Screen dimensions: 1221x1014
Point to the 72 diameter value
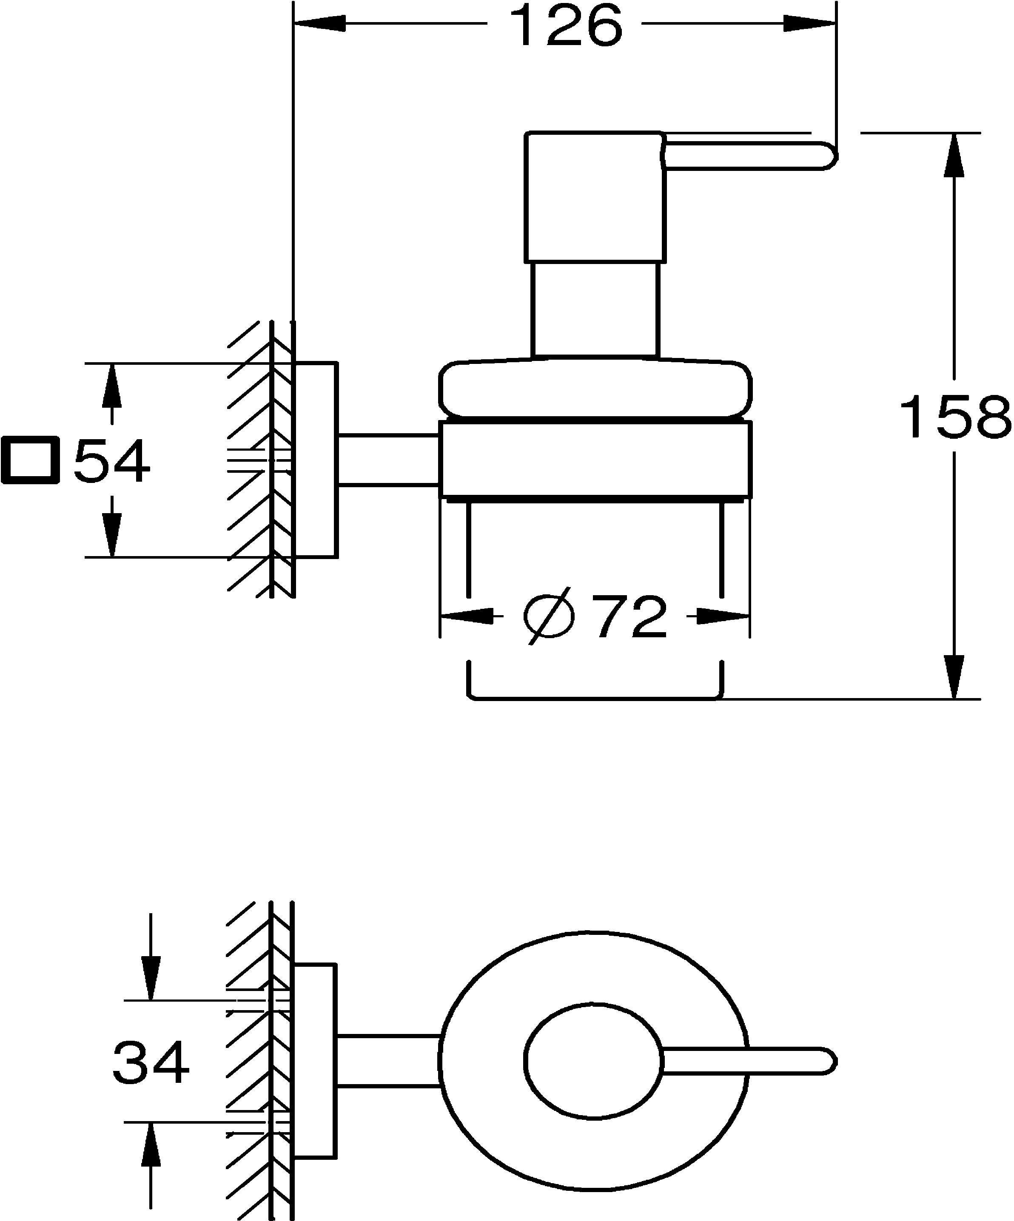pos(632,617)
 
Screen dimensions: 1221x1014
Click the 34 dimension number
pos(151,1063)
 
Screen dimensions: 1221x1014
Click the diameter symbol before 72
pos(549,618)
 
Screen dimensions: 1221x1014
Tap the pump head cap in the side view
pos(595,198)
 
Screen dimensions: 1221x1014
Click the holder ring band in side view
pos(595,459)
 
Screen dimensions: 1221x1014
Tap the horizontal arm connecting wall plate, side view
pos(388,459)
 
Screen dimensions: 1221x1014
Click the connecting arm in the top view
pos(388,1061)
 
